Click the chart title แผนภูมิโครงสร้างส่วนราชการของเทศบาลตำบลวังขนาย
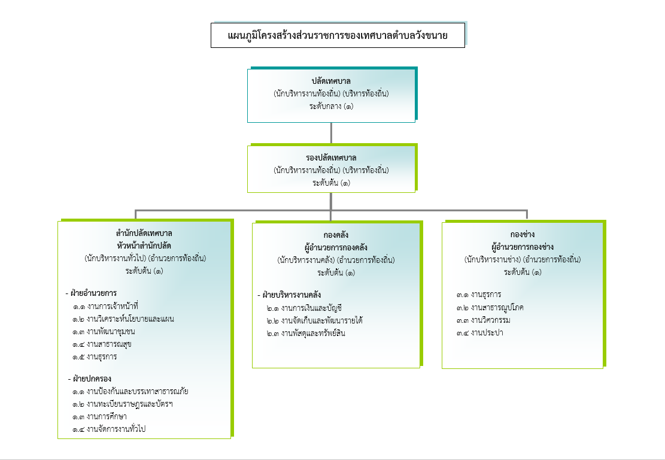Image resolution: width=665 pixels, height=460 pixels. coord(338,35)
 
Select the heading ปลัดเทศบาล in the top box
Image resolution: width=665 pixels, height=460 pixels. coord(331,81)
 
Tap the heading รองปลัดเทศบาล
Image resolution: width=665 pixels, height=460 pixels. coord(331,158)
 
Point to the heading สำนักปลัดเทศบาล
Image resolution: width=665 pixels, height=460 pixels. coord(144,233)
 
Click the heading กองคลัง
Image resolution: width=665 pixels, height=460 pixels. coord(336,235)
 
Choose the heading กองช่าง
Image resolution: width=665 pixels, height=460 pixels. coord(523,234)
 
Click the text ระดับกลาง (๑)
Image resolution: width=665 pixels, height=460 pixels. coord(331,106)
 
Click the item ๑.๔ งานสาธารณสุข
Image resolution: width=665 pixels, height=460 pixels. coord(102,344)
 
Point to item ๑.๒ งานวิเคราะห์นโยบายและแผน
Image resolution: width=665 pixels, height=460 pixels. coord(123,319)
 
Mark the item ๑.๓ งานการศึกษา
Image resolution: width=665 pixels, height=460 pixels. coord(99,416)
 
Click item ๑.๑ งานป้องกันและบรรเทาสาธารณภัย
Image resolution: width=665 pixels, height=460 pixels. coord(130,391)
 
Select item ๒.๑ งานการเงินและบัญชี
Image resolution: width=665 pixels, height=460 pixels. coord(304,308)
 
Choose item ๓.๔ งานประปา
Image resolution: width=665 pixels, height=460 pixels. coord(479,332)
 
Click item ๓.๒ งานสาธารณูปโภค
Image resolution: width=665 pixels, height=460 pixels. coord(490,307)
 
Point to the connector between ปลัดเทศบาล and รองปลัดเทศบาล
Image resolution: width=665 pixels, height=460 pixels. coord(331,133)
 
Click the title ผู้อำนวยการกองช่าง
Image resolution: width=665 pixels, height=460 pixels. coord(523,247)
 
